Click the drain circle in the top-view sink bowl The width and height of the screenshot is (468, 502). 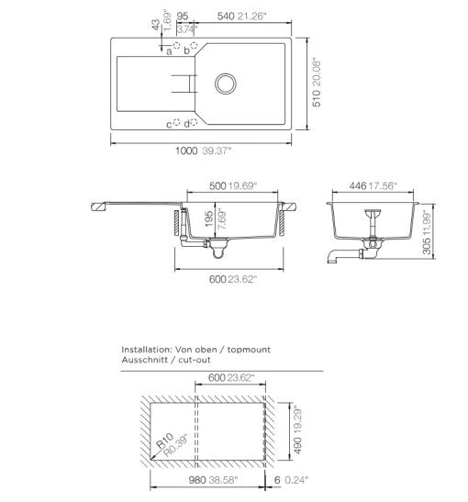226,84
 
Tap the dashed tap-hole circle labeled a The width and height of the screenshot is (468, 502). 177,45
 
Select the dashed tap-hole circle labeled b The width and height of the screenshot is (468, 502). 194,45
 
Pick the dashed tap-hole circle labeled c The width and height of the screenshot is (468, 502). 176,122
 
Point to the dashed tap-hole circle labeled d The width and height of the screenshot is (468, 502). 194,122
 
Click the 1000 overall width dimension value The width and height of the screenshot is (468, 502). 186,151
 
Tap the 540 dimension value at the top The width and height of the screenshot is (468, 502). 226,16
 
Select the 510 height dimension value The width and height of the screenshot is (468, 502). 316,98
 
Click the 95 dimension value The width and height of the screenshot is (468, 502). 183,16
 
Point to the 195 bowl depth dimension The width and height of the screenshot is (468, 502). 209,219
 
